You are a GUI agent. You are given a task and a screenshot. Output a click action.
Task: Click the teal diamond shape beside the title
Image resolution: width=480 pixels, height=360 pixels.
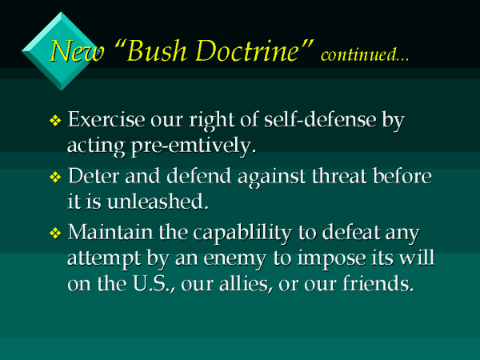tap(54, 38)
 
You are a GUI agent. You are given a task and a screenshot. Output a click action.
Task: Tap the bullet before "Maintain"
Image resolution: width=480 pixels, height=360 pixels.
tap(55, 234)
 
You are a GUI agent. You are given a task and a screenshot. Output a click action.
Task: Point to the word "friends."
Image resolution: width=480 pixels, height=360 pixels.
tap(375, 284)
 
